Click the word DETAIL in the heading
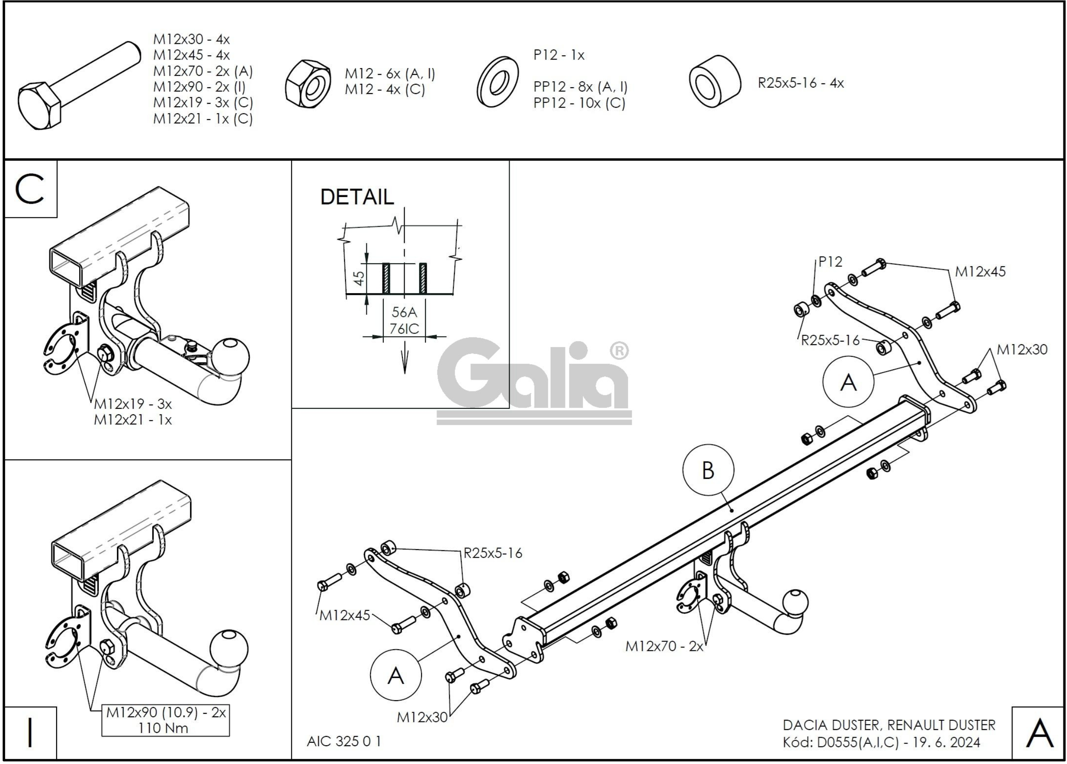pyautogui.click(x=357, y=197)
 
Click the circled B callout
pyautogui.click(x=708, y=470)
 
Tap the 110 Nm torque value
pyautogui.click(x=163, y=728)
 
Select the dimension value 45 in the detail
pyautogui.click(x=359, y=278)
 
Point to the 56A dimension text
pyautogui.click(x=404, y=312)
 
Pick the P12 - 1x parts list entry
pyautogui.click(x=559, y=55)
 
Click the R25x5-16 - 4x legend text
pyautogui.click(x=800, y=83)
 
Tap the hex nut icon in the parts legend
pyautogui.click(x=308, y=84)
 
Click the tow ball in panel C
pyautogui.click(x=230, y=356)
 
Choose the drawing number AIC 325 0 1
pyautogui.click(x=344, y=741)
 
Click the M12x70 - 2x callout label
pyautogui.click(x=664, y=647)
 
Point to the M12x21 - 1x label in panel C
pyautogui.click(x=133, y=419)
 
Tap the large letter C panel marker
pyautogui.click(x=30, y=189)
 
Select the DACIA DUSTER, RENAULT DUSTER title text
pyautogui.click(x=889, y=725)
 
